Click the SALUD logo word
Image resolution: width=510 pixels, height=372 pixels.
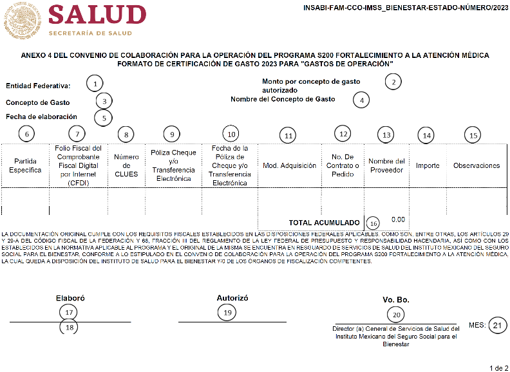[97, 15]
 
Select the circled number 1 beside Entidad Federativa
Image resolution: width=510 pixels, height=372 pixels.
[95, 84]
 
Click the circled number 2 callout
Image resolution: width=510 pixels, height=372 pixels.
[393, 82]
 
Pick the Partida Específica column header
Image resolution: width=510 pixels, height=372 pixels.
[25, 165]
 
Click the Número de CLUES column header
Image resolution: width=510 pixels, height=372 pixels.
[126, 165]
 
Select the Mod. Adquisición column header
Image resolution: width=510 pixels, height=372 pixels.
[290, 165]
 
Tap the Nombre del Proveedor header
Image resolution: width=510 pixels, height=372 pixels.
[386, 165]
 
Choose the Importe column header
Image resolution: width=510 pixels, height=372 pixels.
[428, 165]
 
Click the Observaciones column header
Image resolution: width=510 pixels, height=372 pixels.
[477, 165]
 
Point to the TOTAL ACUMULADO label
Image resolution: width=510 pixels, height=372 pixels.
[324, 222]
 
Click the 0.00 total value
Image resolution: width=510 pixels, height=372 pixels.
[398, 219]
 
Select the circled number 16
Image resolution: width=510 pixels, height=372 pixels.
[373, 223]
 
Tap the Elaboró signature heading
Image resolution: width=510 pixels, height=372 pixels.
[70, 299]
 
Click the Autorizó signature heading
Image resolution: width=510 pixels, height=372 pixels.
[232, 298]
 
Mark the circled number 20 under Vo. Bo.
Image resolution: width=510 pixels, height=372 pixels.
[396, 315]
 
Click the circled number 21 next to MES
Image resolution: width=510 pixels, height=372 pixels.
[496, 325]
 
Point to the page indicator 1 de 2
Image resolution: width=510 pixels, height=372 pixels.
[498, 367]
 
